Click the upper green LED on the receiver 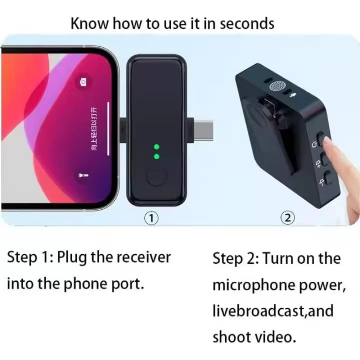pos(157,147)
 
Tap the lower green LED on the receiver pos(157,157)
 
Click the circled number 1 pos(152,218)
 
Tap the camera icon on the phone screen pos(83,82)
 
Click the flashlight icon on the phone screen pos(83,175)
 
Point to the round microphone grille pos(278,86)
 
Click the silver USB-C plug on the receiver pos(203,130)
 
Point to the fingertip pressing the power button pos(327,141)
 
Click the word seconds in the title pos(247,24)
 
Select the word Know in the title pos(89,23)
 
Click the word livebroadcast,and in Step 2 pos(273,311)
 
